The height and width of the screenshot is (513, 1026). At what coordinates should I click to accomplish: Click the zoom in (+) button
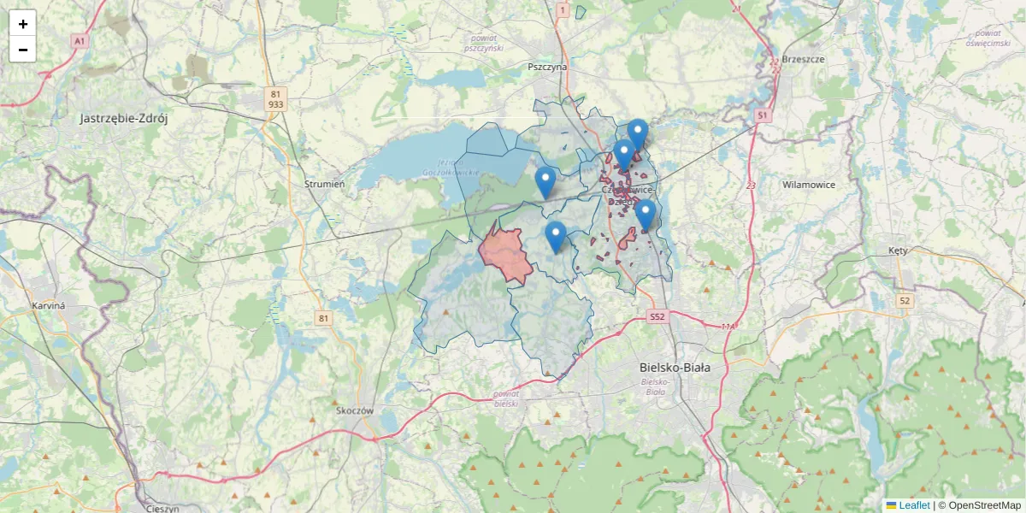pyautogui.click(x=22, y=24)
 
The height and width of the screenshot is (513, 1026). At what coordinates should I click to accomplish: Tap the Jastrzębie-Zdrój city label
pyautogui.click(x=124, y=119)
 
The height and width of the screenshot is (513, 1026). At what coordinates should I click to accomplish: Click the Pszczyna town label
pyautogui.click(x=547, y=67)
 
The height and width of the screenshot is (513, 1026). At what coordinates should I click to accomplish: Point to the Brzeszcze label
pyautogui.click(x=803, y=60)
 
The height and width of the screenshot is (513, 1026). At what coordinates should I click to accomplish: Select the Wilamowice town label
pyautogui.click(x=808, y=185)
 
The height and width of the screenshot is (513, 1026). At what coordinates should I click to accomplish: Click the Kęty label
pyautogui.click(x=897, y=251)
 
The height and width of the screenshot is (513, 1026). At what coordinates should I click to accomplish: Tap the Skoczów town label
pyautogui.click(x=356, y=410)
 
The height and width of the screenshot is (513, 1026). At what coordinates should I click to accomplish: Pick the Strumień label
pyautogui.click(x=324, y=184)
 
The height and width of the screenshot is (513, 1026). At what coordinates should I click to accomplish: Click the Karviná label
pyautogui.click(x=48, y=305)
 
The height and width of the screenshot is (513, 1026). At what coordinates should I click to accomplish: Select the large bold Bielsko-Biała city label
pyautogui.click(x=675, y=368)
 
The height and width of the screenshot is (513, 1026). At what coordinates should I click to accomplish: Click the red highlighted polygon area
pyautogui.click(x=506, y=255)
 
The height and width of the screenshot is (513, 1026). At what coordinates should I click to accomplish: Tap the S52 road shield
pyautogui.click(x=657, y=317)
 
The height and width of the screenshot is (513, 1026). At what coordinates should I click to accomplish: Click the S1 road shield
pyautogui.click(x=763, y=115)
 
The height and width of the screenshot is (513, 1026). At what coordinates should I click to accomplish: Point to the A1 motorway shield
pyautogui.click(x=80, y=41)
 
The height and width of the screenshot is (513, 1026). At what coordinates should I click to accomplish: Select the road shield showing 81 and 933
pyautogui.click(x=275, y=98)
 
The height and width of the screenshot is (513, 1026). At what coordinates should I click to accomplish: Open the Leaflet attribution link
pyautogui.click(x=914, y=505)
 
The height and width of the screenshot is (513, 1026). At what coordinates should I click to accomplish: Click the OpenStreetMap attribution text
pyautogui.click(x=984, y=505)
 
